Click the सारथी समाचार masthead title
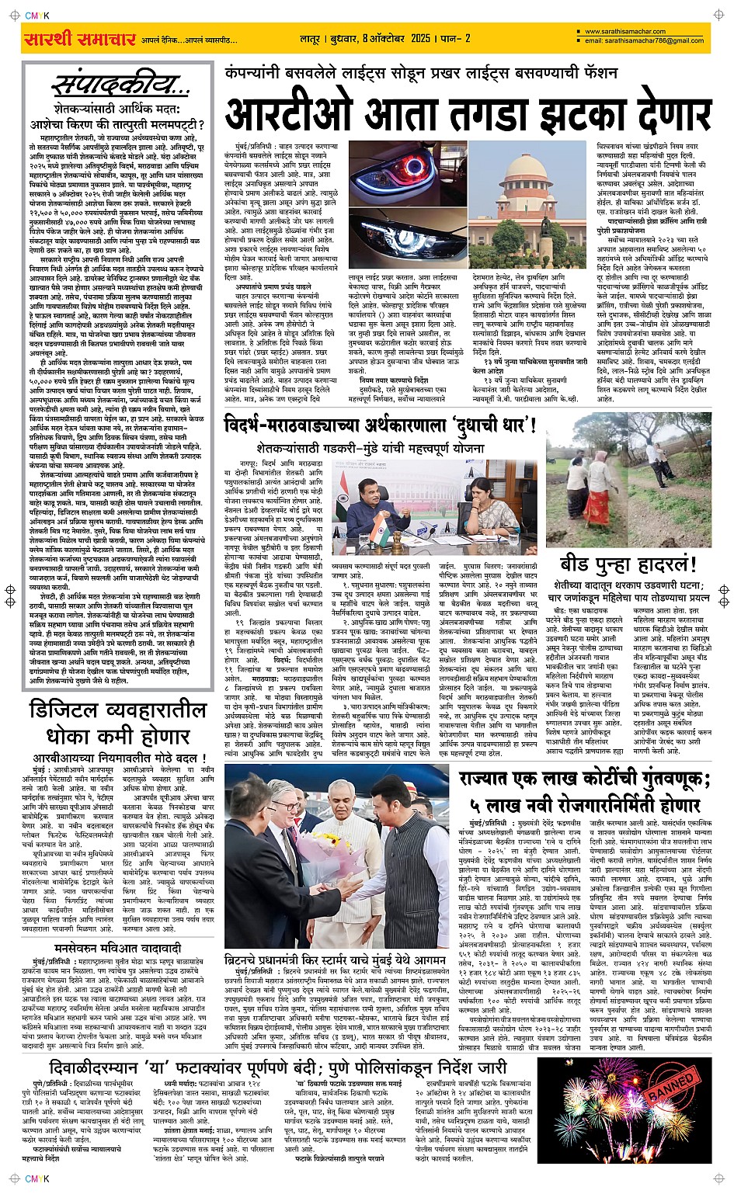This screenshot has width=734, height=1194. pyautogui.click(x=80, y=39)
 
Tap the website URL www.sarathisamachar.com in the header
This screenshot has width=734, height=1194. pyautogui.click(x=625, y=32)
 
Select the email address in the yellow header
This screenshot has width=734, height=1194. pyautogui.click(x=644, y=40)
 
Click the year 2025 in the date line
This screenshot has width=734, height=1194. pyautogui.click(x=420, y=38)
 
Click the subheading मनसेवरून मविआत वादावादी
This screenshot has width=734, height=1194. pyautogui.click(x=117, y=949)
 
